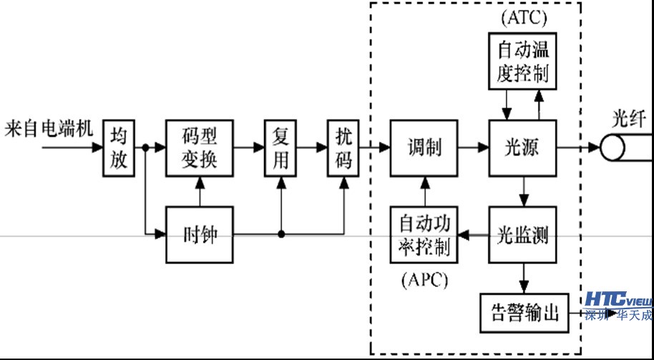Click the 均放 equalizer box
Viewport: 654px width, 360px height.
119,148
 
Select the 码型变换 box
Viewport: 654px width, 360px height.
200,148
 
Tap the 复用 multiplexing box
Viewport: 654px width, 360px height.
281,148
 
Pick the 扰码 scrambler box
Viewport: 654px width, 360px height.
343,148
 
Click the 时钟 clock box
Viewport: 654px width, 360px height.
200,234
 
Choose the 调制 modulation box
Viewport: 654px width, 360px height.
424,148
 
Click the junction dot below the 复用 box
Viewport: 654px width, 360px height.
281,234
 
